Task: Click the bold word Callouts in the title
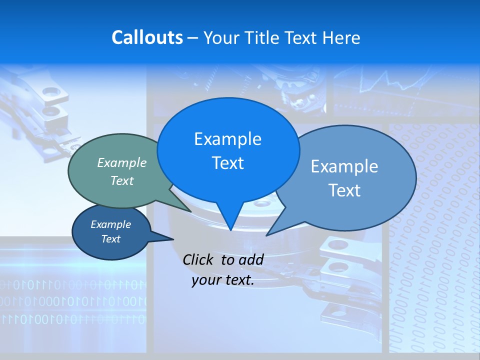click(x=147, y=37)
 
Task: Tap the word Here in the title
click(x=342, y=37)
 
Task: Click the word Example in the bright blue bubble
click(x=227, y=138)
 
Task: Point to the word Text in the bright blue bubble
click(x=227, y=162)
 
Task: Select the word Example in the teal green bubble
click(x=122, y=162)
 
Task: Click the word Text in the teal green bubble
click(x=122, y=180)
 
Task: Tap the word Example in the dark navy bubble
click(x=110, y=224)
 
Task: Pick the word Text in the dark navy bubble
click(x=110, y=239)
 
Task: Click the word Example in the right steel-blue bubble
click(x=344, y=166)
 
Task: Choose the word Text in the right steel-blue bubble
click(x=344, y=190)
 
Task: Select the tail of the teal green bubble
click(x=182, y=206)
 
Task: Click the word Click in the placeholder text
click(x=199, y=259)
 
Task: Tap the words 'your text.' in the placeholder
click(x=223, y=280)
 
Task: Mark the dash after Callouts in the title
click(x=193, y=38)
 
